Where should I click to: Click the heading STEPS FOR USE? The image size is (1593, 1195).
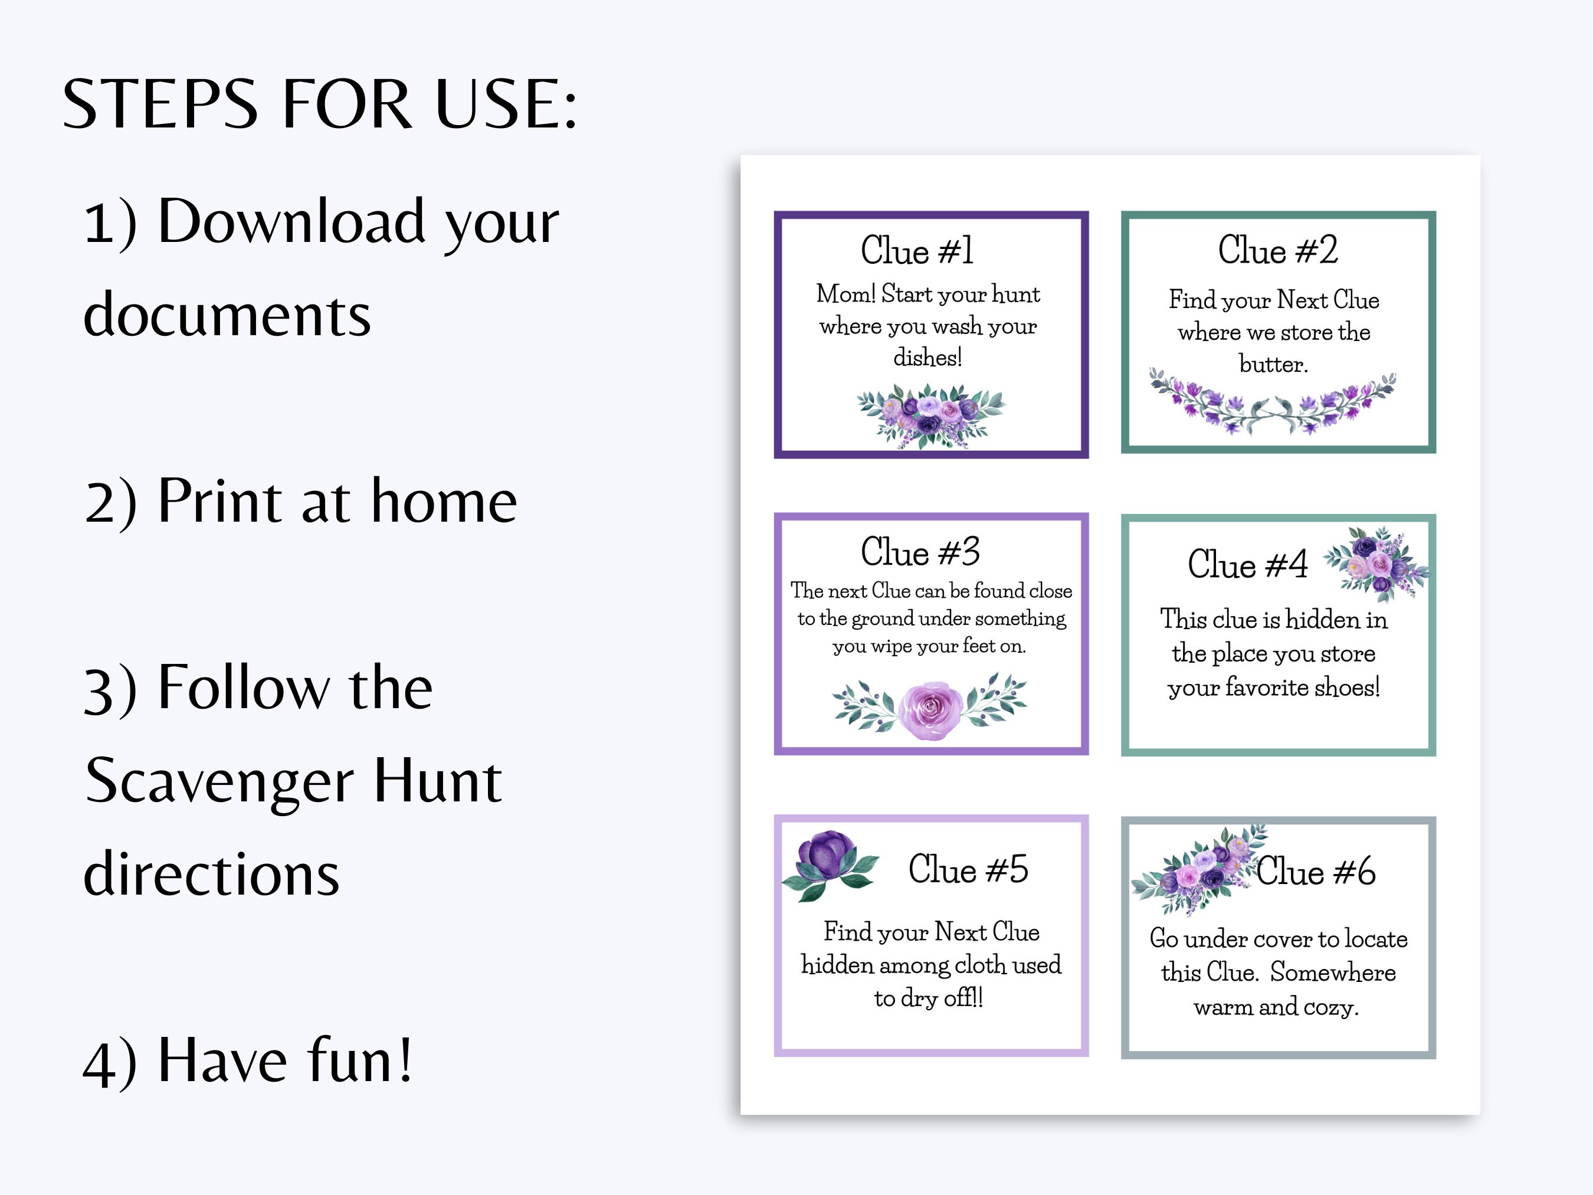pyautogui.click(x=320, y=104)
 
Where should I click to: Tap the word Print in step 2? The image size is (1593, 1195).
pyautogui.click(x=219, y=502)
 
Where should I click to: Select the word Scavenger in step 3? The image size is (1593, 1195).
pyautogui.click(x=219, y=783)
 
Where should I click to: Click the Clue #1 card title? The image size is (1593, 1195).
pyautogui.click(x=917, y=251)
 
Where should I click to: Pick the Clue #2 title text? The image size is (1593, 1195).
pyautogui.click(x=1277, y=250)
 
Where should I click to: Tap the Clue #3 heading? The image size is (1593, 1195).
pyautogui.click(x=920, y=552)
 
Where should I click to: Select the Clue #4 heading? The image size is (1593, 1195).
pyautogui.click(x=1247, y=564)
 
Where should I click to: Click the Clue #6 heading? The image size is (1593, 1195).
pyautogui.click(x=1316, y=872)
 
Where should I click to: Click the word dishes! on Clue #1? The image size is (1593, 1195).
pyautogui.click(x=927, y=357)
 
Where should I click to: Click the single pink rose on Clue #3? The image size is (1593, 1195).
pyautogui.click(x=931, y=709)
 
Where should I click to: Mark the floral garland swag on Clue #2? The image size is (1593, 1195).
pyautogui.click(x=1272, y=407)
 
